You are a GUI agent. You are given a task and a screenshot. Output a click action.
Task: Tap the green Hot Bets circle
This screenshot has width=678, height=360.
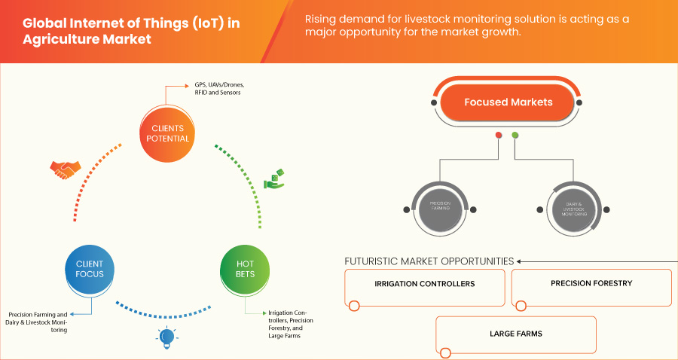245,269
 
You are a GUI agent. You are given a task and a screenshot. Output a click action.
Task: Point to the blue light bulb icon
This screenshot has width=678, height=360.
166,337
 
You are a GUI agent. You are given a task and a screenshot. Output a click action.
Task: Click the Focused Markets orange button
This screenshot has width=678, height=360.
508,102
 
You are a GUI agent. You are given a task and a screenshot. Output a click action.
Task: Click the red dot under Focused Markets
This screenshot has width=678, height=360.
498,136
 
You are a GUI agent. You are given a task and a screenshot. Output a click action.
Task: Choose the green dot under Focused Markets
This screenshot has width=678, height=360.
515,136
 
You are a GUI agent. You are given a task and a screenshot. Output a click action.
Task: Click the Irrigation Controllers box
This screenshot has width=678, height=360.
425,285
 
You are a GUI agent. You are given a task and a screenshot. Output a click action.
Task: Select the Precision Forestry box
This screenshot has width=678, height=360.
591,284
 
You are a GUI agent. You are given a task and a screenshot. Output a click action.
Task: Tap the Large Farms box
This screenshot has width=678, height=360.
516,333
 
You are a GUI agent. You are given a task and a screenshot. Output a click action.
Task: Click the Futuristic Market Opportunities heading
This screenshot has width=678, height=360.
429,261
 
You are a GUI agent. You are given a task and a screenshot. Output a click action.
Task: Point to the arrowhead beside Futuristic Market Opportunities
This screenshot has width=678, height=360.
520,261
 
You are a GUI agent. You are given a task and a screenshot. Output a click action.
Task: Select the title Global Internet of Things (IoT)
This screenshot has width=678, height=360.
132,23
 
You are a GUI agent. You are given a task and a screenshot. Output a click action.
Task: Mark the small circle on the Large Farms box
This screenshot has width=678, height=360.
445,352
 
